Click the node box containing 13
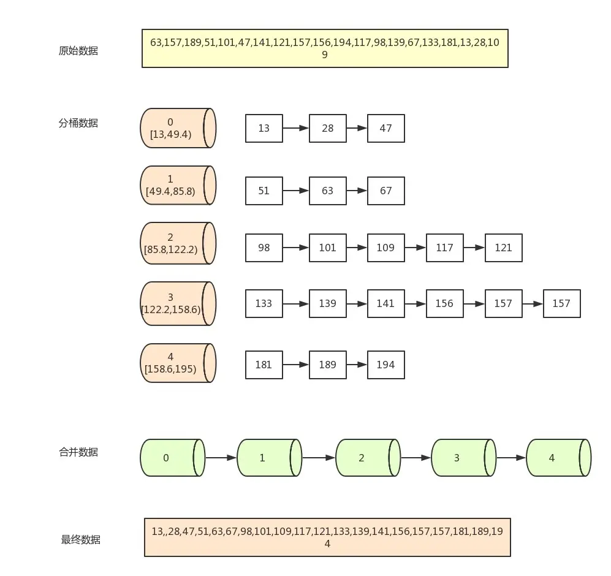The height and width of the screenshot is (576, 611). coord(264,128)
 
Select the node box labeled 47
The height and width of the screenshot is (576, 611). coord(385,128)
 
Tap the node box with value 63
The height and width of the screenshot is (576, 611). coord(328,191)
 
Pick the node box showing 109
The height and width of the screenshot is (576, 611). coord(385,248)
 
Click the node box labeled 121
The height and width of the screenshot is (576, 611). coord(504,248)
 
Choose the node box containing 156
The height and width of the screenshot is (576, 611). coord(444,303)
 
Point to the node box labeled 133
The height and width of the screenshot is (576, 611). coord(264,303)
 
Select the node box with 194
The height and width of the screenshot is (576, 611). coord(385,365)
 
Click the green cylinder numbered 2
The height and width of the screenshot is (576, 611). coord(368,458)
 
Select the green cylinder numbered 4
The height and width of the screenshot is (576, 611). coord(558,458)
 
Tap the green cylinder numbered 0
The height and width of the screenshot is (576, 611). coord(172,458)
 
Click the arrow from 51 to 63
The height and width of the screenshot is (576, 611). coord(296,191)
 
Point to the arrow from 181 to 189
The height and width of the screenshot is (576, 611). coord(296,365)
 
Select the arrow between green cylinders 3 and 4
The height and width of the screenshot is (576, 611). coord(511,458)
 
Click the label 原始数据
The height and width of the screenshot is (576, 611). coord(78,51)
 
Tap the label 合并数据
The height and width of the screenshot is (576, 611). coord(78,452)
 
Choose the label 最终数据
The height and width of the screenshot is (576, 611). coord(81,539)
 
